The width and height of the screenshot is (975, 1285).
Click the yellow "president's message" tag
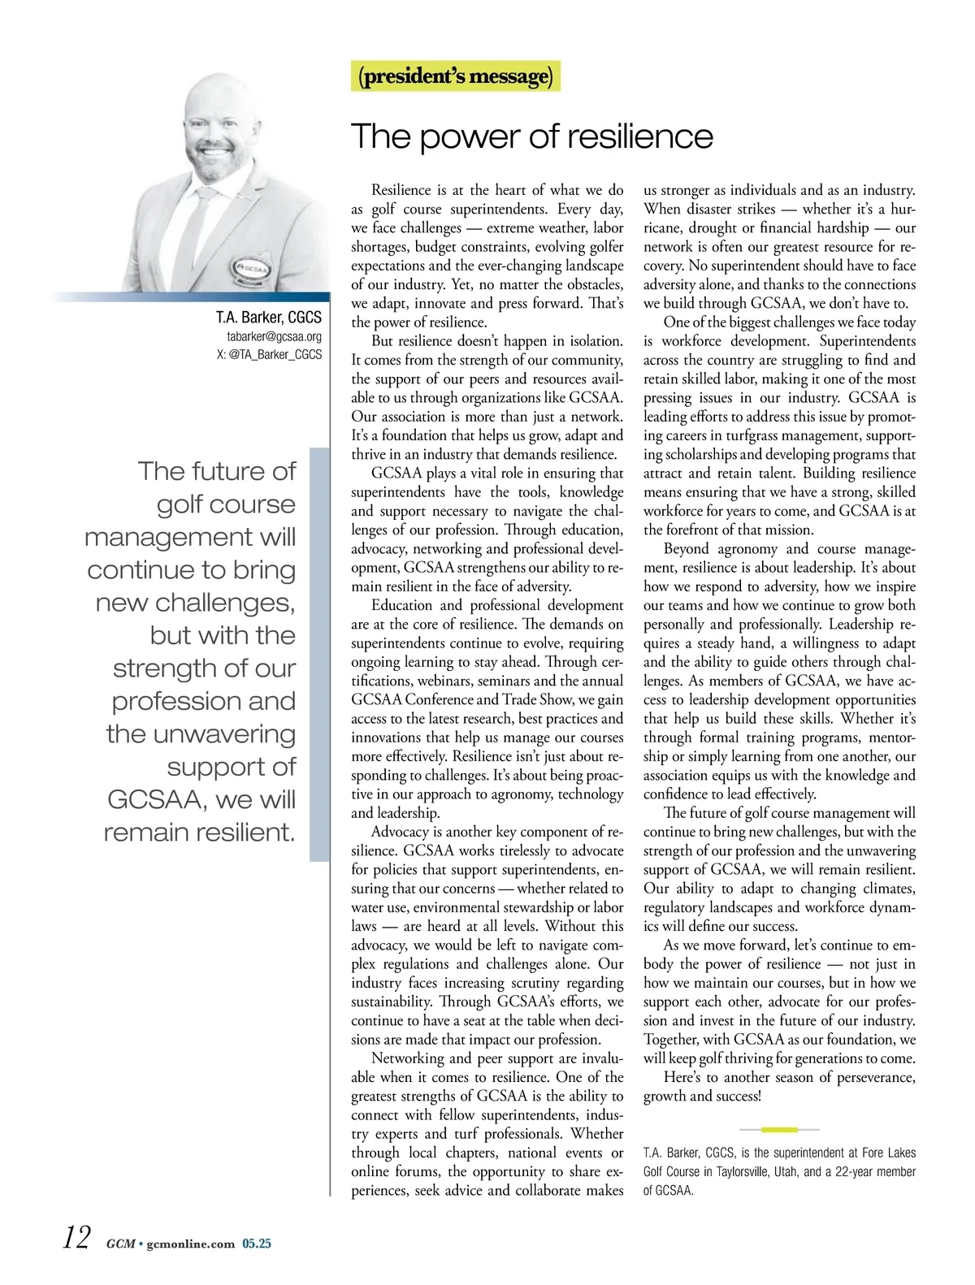click(456, 76)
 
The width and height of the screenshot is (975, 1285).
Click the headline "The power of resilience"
click(532, 136)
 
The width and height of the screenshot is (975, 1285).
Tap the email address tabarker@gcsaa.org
click(274, 336)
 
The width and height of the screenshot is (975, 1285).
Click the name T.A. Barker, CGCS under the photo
click(268, 318)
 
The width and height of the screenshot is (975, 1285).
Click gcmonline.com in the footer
click(191, 1244)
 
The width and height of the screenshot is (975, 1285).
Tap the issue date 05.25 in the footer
click(257, 1244)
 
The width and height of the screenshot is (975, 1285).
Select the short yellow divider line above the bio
click(779, 1129)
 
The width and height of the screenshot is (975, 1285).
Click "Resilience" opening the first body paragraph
click(401, 190)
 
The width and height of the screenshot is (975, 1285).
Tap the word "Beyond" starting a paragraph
click(687, 549)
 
